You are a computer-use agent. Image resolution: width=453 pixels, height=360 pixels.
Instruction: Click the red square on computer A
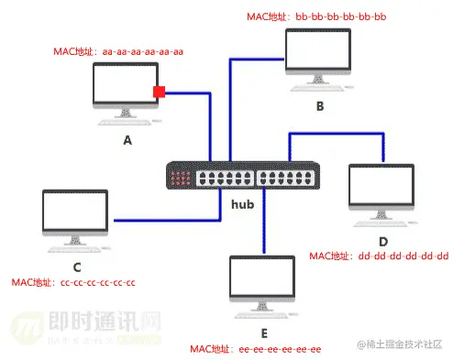pos(158,92)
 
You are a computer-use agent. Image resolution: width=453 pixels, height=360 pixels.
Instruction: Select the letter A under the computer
pos(127,141)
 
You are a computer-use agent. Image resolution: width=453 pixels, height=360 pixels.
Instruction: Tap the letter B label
pos(320,106)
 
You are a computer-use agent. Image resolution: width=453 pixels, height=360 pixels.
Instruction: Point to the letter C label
pos(77,267)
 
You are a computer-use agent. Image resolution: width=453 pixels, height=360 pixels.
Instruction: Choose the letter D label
pos(383,240)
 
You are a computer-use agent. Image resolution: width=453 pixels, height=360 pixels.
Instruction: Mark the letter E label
pos(263,333)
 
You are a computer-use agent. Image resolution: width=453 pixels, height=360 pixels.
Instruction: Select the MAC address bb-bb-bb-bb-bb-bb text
pos(317,16)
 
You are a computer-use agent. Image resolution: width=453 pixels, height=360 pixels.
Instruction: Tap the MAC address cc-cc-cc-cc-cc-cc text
pos(73,282)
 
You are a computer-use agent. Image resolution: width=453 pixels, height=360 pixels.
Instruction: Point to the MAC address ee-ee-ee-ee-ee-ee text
pos(255,349)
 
